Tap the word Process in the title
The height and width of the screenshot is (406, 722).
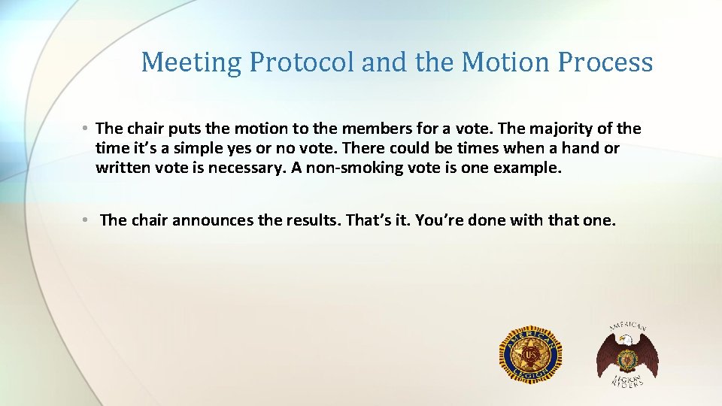pos(605,62)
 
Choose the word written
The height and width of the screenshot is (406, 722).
pos(123,168)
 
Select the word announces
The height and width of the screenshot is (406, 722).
pos(212,220)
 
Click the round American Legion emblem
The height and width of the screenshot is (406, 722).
pos(531,353)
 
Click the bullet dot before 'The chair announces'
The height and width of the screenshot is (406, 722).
pos(87,220)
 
